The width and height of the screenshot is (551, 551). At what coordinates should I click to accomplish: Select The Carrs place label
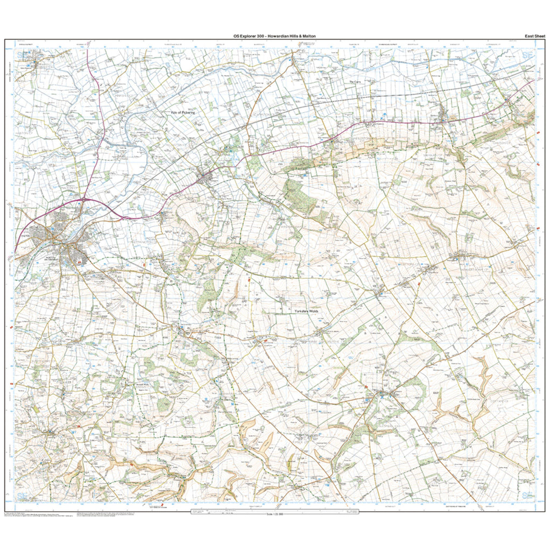[x=354, y=82]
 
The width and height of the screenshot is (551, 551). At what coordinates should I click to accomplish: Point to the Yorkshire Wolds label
[x=307, y=311]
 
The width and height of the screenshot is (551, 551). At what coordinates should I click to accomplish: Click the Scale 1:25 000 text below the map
[x=275, y=514]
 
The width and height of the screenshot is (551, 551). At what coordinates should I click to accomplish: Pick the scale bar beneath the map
[x=275, y=511]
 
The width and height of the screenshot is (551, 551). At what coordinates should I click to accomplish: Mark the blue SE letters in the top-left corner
[x=22, y=55]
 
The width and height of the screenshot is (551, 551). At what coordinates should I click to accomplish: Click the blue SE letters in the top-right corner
[x=528, y=55]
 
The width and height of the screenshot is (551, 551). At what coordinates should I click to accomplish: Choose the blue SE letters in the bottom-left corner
[x=22, y=496]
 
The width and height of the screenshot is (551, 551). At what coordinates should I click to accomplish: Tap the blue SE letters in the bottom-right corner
[x=528, y=496]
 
